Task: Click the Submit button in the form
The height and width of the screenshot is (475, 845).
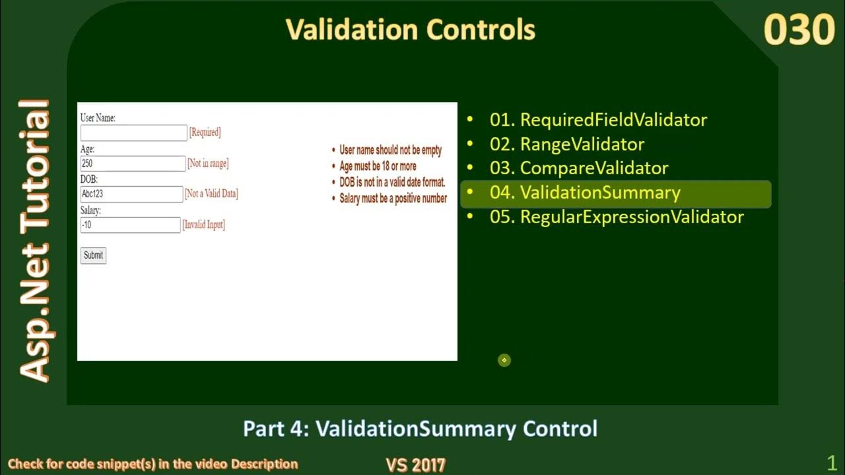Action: (93, 255)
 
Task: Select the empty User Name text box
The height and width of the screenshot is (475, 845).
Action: (133, 133)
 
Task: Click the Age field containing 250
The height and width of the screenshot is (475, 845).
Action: (133, 164)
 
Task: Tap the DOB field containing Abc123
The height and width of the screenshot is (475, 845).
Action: (131, 194)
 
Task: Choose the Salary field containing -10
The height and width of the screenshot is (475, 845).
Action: (130, 225)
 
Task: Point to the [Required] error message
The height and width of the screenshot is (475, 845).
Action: (205, 133)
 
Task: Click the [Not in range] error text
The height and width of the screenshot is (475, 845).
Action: (208, 164)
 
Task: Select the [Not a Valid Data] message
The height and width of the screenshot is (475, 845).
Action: (211, 194)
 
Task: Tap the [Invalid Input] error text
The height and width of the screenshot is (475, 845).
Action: (203, 225)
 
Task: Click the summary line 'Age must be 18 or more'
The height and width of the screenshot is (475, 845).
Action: (378, 166)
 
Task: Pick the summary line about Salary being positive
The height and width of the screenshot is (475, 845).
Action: (393, 198)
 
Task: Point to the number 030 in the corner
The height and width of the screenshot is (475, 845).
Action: (799, 30)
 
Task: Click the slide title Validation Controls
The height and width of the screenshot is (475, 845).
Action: (410, 30)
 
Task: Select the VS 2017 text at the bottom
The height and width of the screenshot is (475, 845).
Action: (415, 464)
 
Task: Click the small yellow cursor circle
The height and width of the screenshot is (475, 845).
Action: (504, 360)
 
